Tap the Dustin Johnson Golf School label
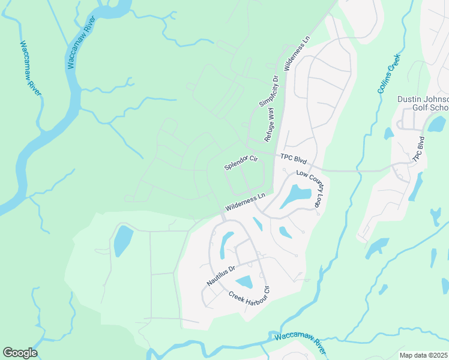pyautogui.click(x=423, y=103)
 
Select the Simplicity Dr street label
pyautogui.click(x=270, y=91)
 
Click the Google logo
pyautogui.click(x=20, y=353)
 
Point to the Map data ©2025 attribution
pyautogui.click(x=424, y=355)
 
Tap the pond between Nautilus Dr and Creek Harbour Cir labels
pyautogui.click(x=245, y=282)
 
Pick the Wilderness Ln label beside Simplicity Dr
pyautogui.click(x=298, y=53)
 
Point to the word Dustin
pyautogui.click(x=411, y=99)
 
